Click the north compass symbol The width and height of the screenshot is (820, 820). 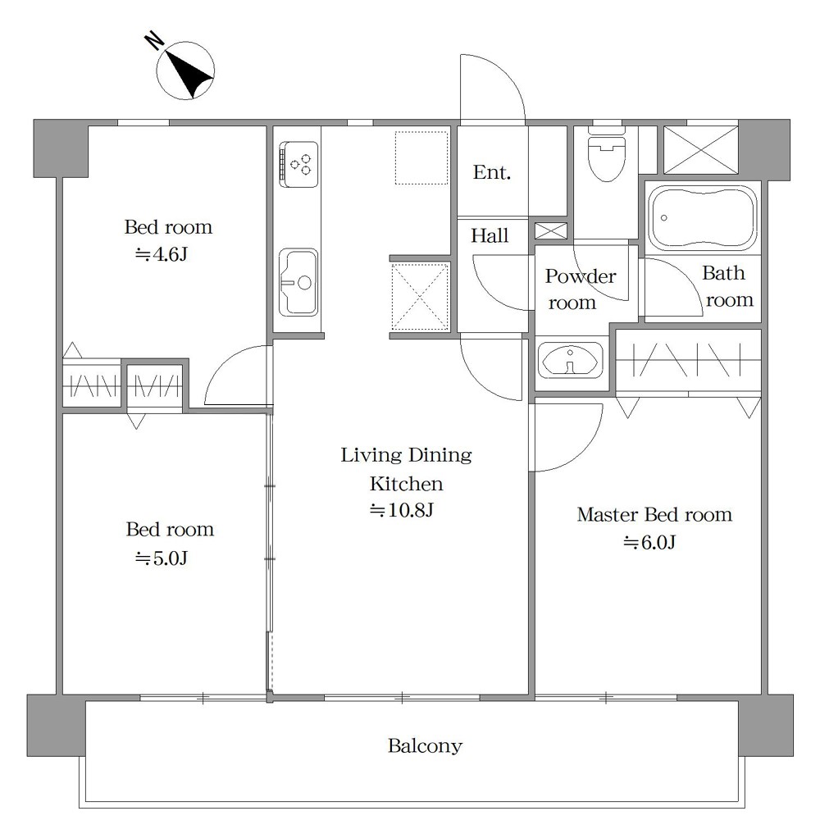point(185,70)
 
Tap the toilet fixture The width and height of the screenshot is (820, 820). point(607,154)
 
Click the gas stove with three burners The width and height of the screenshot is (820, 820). point(298,164)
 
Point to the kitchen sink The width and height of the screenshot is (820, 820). point(298,282)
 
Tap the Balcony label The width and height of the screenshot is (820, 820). point(425,745)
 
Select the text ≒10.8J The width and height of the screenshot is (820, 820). point(402,510)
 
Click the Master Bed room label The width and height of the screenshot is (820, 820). point(654,515)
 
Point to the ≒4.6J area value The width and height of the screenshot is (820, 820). point(161,254)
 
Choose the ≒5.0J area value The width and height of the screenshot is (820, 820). point(162,558)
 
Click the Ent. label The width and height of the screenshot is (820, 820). point(491,172)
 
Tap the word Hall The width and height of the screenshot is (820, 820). point(490,235)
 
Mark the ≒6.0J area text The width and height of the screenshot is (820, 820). point(649,542)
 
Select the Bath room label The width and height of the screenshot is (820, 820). point(727,286)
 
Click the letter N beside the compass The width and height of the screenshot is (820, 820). point(154,40)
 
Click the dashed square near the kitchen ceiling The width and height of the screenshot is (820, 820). point(421,157)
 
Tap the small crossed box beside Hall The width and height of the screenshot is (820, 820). point(551,230)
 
